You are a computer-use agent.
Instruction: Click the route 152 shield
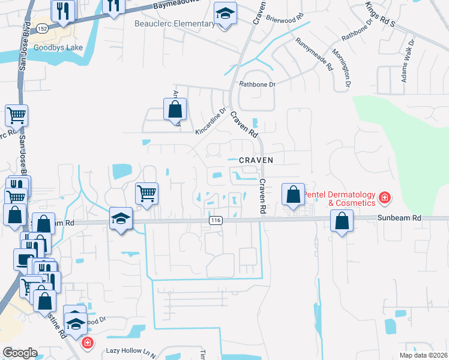tap(41, 29)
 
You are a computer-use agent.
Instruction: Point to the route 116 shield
tap(215, 221)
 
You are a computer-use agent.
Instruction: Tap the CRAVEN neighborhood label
tap(256, 160)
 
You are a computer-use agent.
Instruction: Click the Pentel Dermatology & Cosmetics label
tap(338, 199)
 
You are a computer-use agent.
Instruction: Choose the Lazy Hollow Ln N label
tap(130, 350)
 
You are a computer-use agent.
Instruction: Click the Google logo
tap(20, 352)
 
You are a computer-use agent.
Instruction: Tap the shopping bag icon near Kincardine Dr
tap(175, 110)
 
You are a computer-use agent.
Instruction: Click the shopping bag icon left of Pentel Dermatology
tap(293, 195)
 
